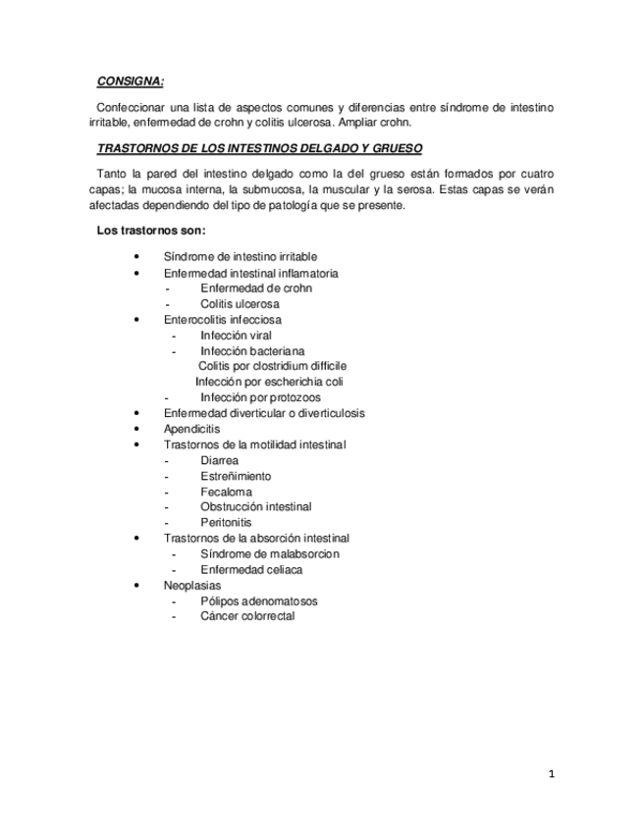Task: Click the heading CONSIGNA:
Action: pyautogui.click(x=131, y=81)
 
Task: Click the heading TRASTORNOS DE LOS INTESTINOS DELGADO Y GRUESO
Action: pyautogui.click(x=260, y=149)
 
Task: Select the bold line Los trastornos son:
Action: pyautogui.click(x=150, y=231)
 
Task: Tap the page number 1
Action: pyautogui.click(x=552, y=774)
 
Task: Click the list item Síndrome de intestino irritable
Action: pyautogui.click(x=241, y=257)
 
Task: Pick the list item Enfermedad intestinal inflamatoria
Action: pyautogui.click(x=251, y=273)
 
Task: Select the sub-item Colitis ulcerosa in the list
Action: pyautogui.click(x=240, y=304)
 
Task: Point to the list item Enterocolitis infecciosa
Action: pyautogui.click(x=222, y=320)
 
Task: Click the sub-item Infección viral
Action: pyautogui.click(x=236, y=336)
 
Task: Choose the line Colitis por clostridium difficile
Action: pyautogui.click(x=272, y=366)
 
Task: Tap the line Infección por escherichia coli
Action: pyautogui.click(x=269, y=382)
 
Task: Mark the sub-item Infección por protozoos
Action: pyautogui.click(x=260, y=397)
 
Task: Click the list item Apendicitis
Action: pyautogui.click(x=191, y=429)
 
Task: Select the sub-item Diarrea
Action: pyautogui.click(x=219, y=460)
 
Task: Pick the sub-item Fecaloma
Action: pyautogui.click(x=226, y=492)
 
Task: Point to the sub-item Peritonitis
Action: pyautogui.click(x=227, y=523)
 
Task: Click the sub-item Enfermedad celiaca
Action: pyautogui.click(x=251, y=569)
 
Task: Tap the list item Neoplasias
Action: pyautogui.click(x=192, y=585)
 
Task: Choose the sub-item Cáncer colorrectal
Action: pyautogui.click(x=247, y=616)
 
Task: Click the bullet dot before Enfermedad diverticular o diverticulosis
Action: pyautogui.click(x=136, y=413)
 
